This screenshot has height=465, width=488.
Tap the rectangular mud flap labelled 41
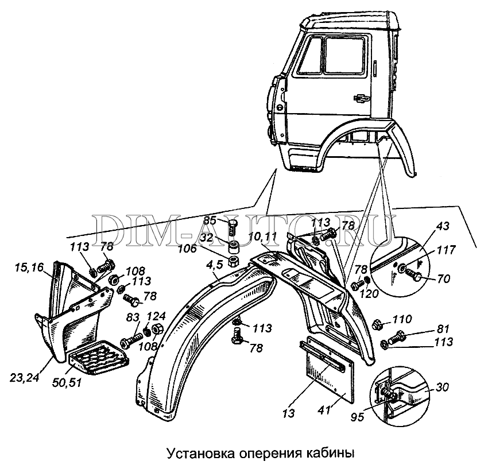point(328,370)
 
